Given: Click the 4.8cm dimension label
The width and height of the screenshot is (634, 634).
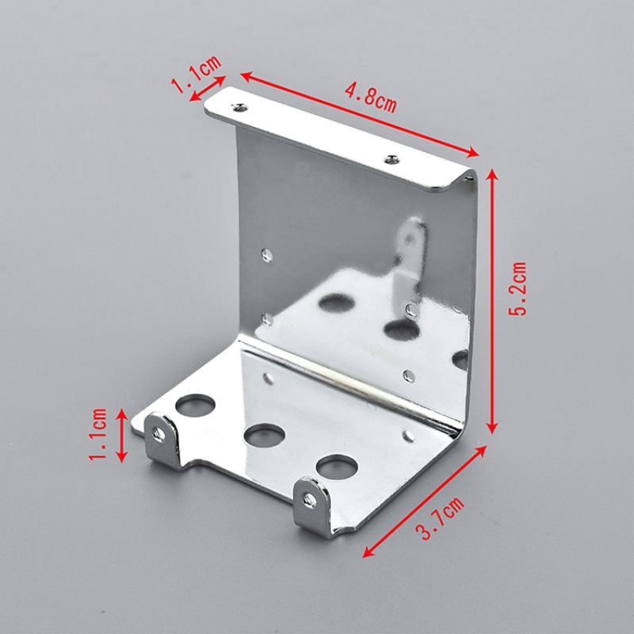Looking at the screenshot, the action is [370, 97].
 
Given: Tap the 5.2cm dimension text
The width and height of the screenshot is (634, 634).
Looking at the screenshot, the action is [518, 288].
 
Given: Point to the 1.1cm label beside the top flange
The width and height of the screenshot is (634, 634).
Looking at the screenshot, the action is [196, 73].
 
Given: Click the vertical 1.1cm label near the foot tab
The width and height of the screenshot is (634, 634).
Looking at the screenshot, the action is [97, 433].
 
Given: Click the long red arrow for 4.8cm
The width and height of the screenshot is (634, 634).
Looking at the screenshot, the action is [360, 114].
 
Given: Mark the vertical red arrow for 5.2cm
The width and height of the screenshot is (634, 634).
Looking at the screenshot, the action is [491, 301].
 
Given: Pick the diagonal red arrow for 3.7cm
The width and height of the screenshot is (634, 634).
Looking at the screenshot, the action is [425, 502].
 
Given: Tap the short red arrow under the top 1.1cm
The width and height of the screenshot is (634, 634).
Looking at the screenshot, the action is [208, 88].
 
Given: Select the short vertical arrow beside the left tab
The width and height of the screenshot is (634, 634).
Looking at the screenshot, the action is [122, 435].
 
